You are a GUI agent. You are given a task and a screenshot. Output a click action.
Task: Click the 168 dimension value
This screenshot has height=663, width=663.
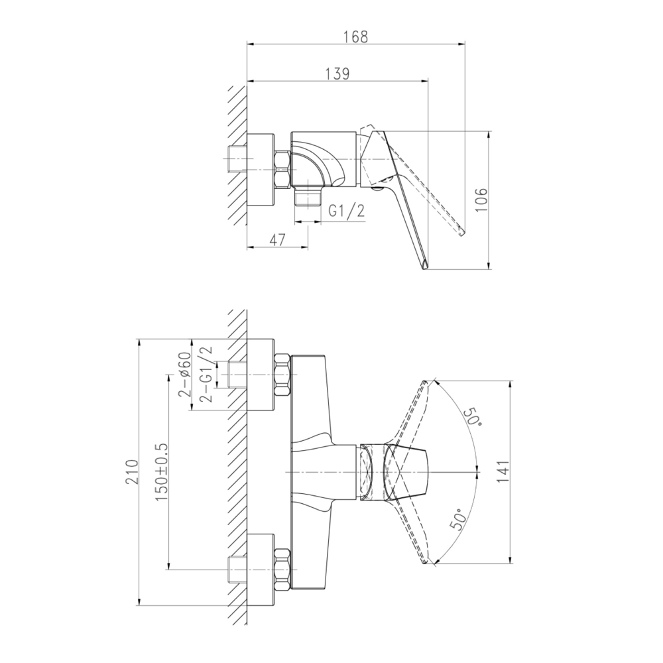coord(355,36)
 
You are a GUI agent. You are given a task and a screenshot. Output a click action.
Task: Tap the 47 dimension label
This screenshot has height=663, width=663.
coord(277,240)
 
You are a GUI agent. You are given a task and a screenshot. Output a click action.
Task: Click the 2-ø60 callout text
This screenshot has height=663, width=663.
coord(185,375)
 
